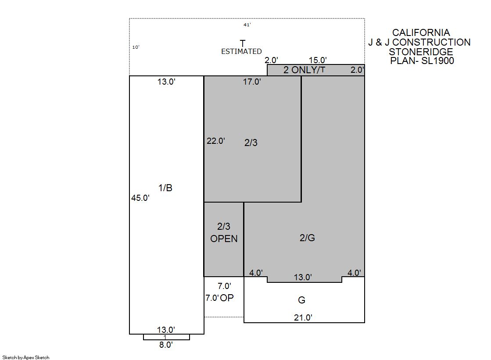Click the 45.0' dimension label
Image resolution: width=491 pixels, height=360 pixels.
tap(140, 198)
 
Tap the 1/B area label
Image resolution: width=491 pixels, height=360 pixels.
tap(165, 188)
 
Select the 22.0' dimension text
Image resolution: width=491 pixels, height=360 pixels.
tap(216, 141)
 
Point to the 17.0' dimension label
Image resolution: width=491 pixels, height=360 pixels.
tap(252, 82)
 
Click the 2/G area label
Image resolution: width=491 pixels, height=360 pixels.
tap(307, 238)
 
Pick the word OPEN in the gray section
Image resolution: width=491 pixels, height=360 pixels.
tap(224, 239)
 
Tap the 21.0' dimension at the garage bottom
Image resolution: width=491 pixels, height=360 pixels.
tap(303, 318)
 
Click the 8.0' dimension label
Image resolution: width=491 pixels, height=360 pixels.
tap(166, 345)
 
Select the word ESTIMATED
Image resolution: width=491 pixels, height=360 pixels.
tap(241, 51)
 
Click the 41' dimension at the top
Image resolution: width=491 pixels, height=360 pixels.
tap(247, 25)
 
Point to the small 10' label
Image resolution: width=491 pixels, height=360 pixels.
tap(136, 47)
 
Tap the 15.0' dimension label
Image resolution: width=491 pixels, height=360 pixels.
tap(318, 60)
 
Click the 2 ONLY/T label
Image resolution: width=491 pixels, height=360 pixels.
tap(305, 70)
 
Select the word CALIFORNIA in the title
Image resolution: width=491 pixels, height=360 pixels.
tap(421, 32)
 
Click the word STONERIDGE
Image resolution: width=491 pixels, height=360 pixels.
tap(421, 52)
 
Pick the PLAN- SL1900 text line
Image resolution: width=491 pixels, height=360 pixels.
tap(422, 61)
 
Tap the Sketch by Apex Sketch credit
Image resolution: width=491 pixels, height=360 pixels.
tap(26, 357)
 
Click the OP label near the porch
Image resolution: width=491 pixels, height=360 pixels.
tap(227, 298)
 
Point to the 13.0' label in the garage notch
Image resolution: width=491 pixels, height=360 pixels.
tap(302, 278)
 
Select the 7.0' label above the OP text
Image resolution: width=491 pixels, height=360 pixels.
tap(225, 286)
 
